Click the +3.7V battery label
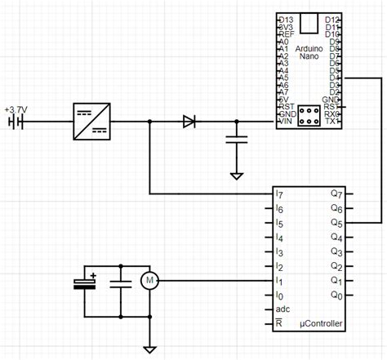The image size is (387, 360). [x=16, y=109]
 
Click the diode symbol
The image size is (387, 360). [x=189, y=122]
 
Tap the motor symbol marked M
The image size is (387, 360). [x=149, y=281]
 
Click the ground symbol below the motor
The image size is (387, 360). [x=149, y=349]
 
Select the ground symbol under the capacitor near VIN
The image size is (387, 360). [x=237, y=175]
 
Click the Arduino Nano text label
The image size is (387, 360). [x=309, y=53]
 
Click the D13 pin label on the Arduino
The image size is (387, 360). [x=287, y=20]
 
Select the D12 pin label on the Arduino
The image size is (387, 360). [x=332, y=20]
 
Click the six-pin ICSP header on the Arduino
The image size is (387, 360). [x=309, y=114]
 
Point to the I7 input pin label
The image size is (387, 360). [x=280, y=194]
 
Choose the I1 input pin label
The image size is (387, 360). [x=280, y=281]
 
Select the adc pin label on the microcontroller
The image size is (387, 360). [x=283, y=309]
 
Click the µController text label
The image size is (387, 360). [x=322, y=324]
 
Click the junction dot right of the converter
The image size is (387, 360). [x=150, y=122]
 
